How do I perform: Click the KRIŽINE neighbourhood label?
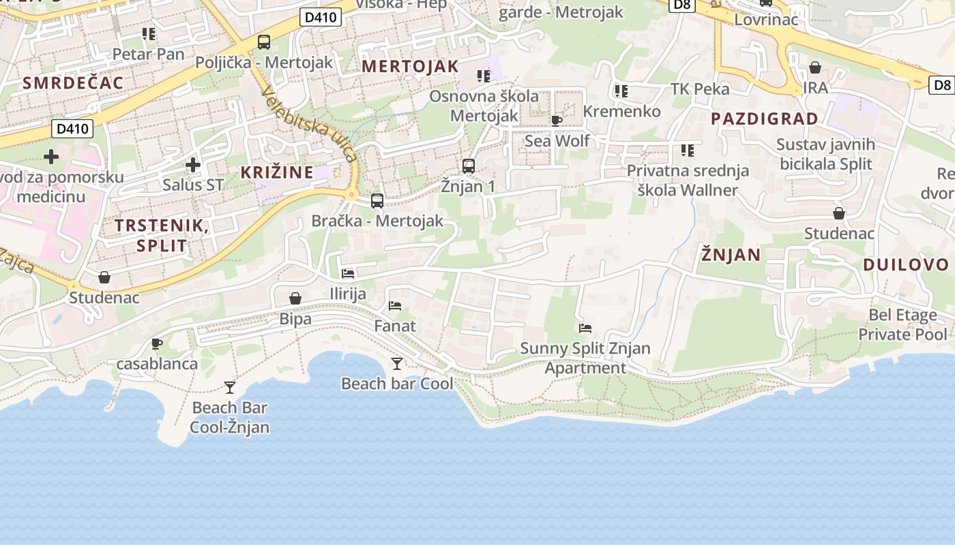tap(277, 172)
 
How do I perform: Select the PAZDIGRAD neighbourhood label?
tap(764, 119)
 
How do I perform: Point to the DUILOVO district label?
tap(906, 264)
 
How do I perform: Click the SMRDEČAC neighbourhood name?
tap(73, 83)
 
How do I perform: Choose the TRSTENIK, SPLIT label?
tap(161, 235)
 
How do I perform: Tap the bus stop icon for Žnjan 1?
tap(469, 166)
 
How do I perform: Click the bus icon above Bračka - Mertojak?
tap(377, 200)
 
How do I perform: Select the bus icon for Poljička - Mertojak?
tap(264, 42)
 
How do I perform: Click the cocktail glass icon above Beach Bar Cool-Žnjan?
tap(230, 387)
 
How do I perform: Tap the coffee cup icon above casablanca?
tap(157, 343)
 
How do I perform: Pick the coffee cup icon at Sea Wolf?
tap(556, 121)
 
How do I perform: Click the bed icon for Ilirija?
tap(348, 274)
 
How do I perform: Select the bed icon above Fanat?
tap(395, 306)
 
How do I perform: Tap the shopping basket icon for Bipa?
tap(295, 298)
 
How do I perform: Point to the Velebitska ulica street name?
tap(309, 126)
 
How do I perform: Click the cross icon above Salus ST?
tap(193, 164)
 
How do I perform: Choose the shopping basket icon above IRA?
tap(814, 67)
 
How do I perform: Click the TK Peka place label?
tap(700, 89)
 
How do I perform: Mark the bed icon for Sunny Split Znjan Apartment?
tap(585, 328)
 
